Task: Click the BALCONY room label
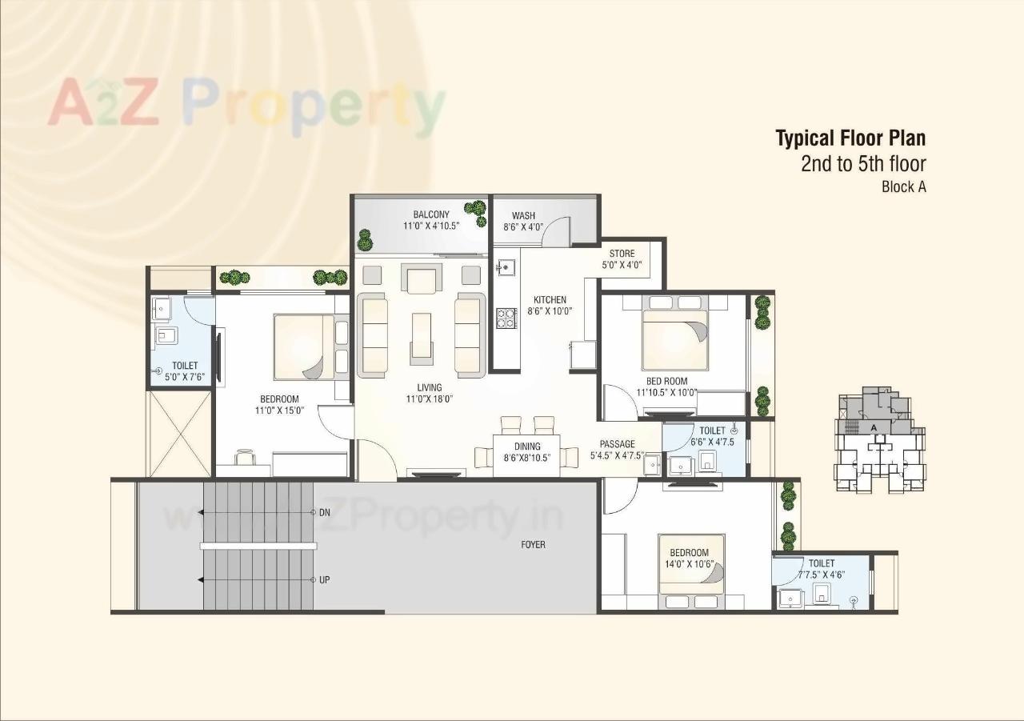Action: [x=431, y=214]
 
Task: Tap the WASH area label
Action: [x=523, y=215]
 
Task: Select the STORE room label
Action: [x=622, y=254]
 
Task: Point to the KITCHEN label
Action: [x=550, y=300]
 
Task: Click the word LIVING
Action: [x=429, y=387]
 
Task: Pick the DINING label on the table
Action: [x=527, y=447]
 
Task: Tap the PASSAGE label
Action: [x=617, y=444]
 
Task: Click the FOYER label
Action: [x=533, y=544]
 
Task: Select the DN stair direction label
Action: [x=324, y=512]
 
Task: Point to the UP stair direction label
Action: [x=324, y=579]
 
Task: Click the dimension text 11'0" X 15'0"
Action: [x=279, y=411]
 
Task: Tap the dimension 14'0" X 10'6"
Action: [x=689, y=563]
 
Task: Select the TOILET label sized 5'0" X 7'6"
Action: [x=185, y=366]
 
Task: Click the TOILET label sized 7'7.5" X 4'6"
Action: [x=821, y=563]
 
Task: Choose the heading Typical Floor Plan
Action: [x=850, y=138]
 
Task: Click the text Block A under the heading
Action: [x=903, y=187]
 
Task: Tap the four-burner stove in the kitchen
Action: [x=506, y=318]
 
